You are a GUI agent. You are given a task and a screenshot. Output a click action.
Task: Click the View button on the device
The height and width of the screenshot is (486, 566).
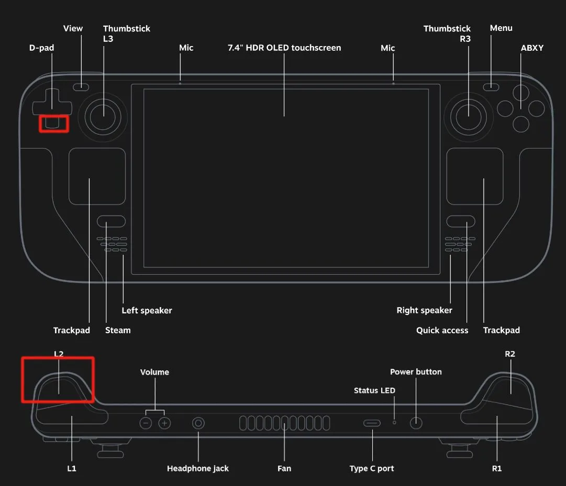click(81, 87)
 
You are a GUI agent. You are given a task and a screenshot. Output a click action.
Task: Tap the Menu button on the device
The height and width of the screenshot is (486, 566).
click(491, 87)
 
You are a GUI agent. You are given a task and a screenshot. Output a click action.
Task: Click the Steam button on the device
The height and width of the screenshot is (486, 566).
click(111, 221)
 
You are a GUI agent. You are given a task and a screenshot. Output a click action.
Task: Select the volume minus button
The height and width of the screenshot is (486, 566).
click(146, 423)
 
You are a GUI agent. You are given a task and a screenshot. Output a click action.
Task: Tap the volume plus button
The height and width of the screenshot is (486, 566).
click(165, 423)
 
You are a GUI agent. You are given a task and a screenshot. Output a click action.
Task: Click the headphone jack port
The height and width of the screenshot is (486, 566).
click(198, 423)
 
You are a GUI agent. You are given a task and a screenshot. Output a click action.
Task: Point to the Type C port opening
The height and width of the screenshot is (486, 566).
click(372, 423)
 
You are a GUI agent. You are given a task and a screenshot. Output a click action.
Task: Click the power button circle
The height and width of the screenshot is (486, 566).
click(416, 423)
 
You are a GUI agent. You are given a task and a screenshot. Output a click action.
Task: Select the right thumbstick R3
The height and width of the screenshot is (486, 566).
click(468, 116)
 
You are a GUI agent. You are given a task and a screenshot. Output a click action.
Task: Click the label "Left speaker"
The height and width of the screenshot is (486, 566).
click(147, 310)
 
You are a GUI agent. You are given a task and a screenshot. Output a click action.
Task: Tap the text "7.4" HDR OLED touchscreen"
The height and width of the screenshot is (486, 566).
click(284, 48)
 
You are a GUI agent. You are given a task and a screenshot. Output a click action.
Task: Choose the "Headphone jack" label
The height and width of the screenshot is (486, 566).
click(198, 468)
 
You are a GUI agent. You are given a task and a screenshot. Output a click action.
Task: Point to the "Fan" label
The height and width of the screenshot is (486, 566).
click(284, 468)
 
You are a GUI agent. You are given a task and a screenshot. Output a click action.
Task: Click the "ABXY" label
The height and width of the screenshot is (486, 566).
click(532, 48)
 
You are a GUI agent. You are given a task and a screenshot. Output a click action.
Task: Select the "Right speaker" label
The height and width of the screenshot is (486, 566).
click(424, 310)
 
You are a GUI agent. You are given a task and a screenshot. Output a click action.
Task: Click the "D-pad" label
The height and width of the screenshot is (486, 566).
click(41, 48)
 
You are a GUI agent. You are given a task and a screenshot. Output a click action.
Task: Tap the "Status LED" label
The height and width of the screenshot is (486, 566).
click(374, 390)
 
